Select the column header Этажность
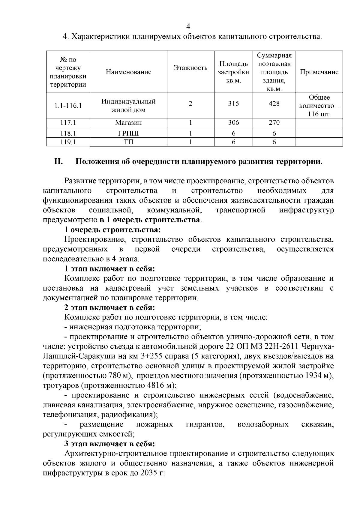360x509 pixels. point(190,68)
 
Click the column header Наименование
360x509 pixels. point(128,72)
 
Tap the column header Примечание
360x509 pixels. point(319,72)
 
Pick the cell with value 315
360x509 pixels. point(233,104)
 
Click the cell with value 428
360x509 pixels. point(274,104)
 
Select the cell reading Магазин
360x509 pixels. point(128,123)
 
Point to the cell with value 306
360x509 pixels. point(233,123)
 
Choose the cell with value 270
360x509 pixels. point(274,123)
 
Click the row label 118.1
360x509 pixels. point(68,133)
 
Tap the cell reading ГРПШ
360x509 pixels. point(128,133)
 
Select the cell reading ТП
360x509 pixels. point(128,142)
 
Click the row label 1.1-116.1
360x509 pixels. point(68,106)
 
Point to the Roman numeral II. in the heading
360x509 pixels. point(58,162)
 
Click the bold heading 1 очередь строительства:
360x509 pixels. point(113,230)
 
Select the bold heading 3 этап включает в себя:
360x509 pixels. point(110,444)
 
